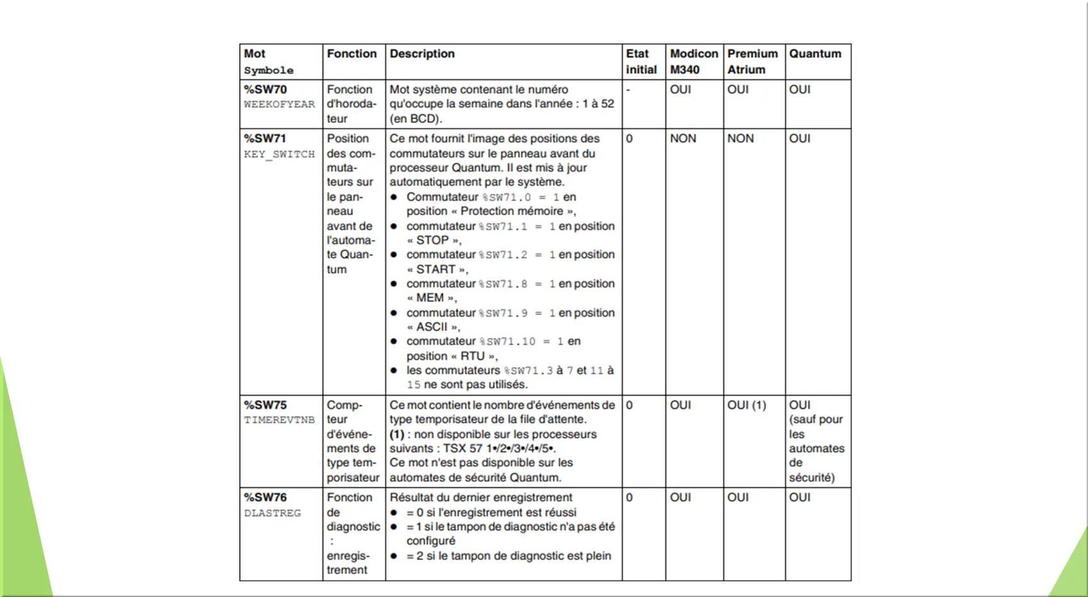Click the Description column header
click(x=422, y=54)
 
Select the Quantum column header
click(x=815, y=54)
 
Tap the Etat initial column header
click(x=641, y=61)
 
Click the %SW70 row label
click(x=265, y=90)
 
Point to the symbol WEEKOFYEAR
click(x=279, y=104)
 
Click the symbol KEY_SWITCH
click(x=279, y=154)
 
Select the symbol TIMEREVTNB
click(x=279, y=420)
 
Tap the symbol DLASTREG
click(x=272, y=513)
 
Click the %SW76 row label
click(x=265, y=498)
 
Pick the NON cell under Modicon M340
click(x=683, y=138)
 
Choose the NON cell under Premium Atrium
click(x=740, y=138)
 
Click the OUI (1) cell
click(x=746, y=405)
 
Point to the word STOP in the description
click(x=432, y=240)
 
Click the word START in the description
click(x=436, y=270)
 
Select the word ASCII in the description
click(x=432, y=327)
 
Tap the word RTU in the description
click(x=472, y=356)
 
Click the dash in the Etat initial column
click(x=628, y=90)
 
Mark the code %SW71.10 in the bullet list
click(x=507, y=342)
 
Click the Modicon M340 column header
click(x=694, y=61)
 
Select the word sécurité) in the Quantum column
click(x=812, y=478)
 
